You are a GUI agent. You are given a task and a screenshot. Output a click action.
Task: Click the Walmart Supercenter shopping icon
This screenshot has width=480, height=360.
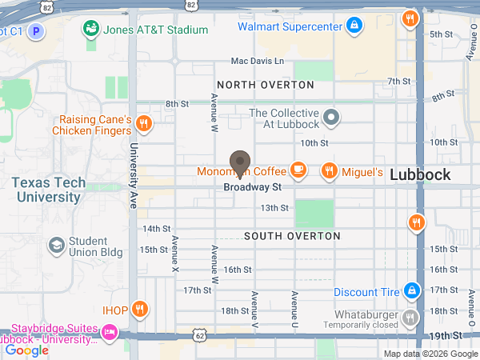[x=354, y=26]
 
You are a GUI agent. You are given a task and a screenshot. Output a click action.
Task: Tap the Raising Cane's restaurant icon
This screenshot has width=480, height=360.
[x=144, y=124]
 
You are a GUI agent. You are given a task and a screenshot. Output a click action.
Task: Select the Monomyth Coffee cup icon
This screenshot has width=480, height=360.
[x=298, y=169]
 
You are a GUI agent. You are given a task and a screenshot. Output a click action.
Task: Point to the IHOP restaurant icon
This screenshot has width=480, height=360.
[x=139, y=309]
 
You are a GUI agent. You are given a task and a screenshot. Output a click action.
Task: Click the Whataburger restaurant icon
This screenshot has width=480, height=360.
[x=410, y=318]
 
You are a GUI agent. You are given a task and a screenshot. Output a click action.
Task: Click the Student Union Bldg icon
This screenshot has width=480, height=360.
[x=57, y=244]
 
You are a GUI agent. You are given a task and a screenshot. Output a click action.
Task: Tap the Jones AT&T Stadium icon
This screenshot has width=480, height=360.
[x=92, y=30]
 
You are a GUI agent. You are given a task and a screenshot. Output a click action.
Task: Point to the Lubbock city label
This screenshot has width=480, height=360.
[x=420, y=175]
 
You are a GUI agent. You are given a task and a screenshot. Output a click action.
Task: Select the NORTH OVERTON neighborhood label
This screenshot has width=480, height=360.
[x=265, y=85]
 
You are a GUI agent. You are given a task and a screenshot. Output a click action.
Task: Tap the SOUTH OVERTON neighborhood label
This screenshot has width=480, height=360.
[x=292, y=236]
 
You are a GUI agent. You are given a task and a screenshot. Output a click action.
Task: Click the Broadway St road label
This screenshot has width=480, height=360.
[x=253, y=187]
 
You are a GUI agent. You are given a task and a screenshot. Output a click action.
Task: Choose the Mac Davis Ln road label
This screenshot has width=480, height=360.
[x=257, y=61]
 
